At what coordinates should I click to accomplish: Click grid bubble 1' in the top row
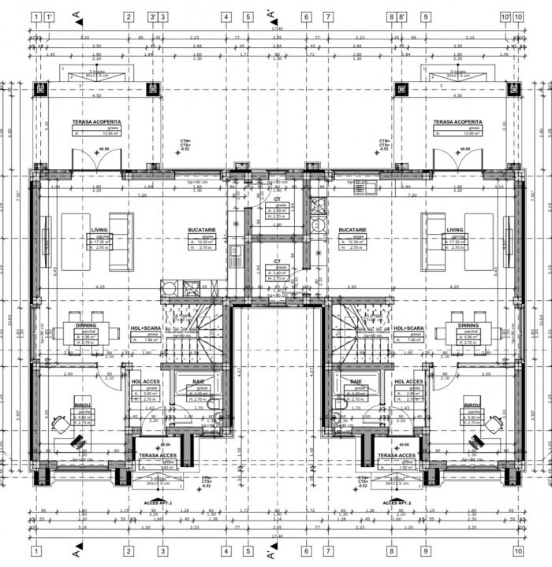click(x=49, y=16)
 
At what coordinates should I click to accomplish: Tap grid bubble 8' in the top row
click(x=401, y=16)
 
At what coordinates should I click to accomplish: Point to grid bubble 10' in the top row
click(x=505, y=16)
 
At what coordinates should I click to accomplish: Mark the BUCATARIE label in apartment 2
click(x=352, y=230)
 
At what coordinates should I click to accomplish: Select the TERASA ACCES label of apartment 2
click(x=397, y=455)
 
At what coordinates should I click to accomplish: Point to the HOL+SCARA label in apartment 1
click(x=146, y=328)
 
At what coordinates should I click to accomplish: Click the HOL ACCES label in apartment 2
click(x=408, y=382)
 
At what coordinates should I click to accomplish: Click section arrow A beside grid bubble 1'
click(x=76, y=16)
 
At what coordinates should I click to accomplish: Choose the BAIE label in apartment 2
click(x=356, y=382)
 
